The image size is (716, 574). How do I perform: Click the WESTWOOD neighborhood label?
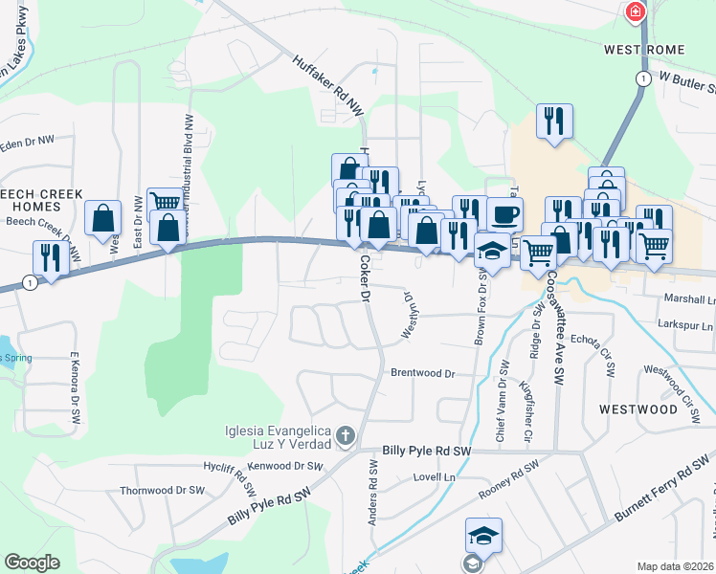[638, 408]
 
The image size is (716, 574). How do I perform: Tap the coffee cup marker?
[504, 213]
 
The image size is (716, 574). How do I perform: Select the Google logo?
[32, 563]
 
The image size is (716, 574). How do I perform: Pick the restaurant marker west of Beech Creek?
[50, 257]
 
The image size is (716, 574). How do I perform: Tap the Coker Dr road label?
[365, 278]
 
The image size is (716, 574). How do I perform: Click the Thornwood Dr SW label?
[163, 490]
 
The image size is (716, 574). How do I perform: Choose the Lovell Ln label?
[434, 475]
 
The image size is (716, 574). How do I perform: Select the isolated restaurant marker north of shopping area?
[554, 121]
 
